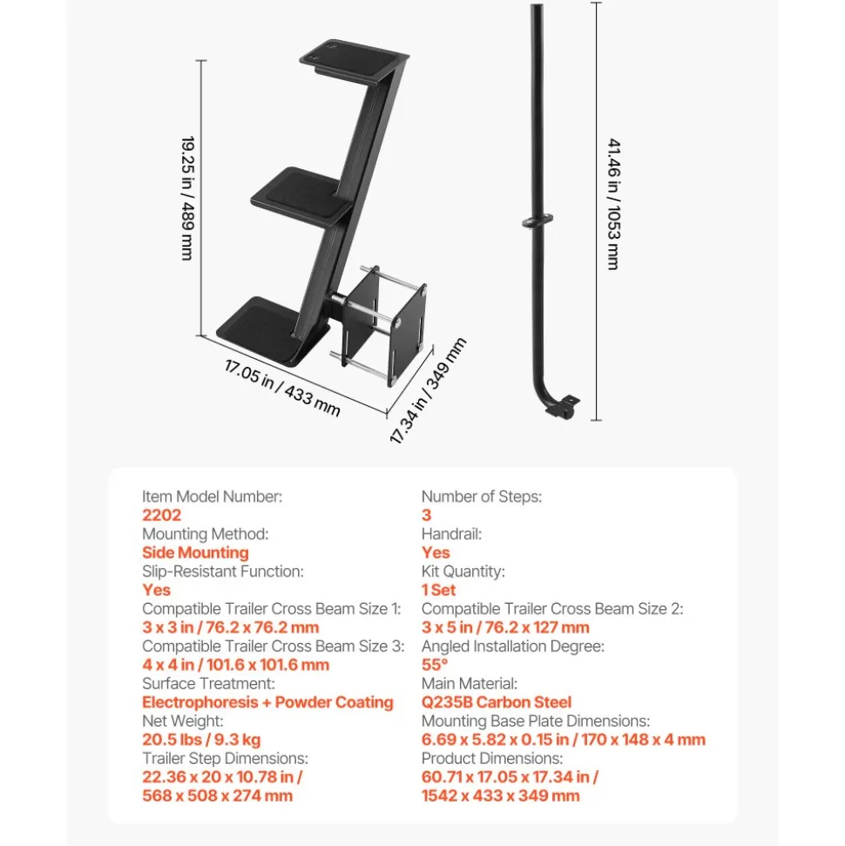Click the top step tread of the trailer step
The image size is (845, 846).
[354, 60]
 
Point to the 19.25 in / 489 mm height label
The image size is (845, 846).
[187, 198]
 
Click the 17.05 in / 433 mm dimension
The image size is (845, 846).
[282, 389]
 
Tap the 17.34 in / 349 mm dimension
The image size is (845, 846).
[428, 390]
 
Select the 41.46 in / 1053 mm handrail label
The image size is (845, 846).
[614, 203]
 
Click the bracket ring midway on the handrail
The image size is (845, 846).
[537, 221]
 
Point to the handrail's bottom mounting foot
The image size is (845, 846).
[562, 406]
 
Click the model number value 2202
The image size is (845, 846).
[161, 515]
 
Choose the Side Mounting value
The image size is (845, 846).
[195, 552]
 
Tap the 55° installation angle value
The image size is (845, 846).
[435, 665]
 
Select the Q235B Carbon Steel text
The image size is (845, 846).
[496, 702]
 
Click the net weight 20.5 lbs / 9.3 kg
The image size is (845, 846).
[201, 740]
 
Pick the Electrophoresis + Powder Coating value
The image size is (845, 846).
[267, 702]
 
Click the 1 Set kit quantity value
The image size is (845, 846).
[439, 590]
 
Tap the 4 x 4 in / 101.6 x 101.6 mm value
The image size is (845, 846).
[236, 665]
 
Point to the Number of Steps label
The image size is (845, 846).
[482, 497]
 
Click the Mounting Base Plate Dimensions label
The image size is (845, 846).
[535, 721]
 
